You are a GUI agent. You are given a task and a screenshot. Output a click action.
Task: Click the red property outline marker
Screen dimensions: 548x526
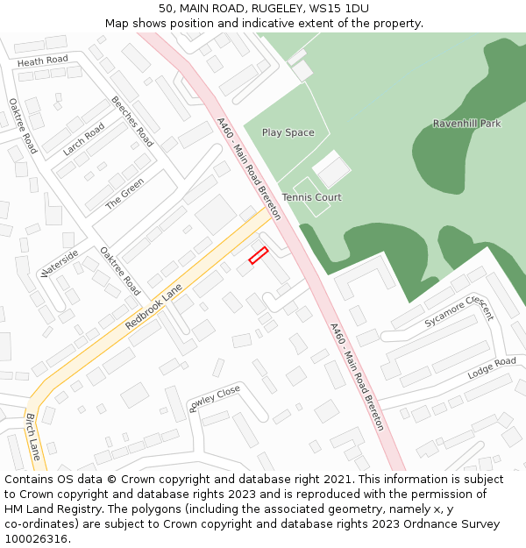[258, 255]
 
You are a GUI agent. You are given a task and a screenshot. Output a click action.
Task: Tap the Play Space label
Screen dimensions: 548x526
[288, 132]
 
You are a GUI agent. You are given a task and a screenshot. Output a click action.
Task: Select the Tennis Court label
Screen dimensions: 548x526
[311, 197]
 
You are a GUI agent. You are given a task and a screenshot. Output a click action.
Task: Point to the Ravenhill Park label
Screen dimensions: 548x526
[466, 124]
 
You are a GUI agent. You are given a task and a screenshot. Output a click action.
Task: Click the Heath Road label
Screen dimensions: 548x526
[42, 60]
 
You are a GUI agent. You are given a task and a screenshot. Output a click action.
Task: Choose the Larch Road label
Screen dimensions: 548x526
[83, 139]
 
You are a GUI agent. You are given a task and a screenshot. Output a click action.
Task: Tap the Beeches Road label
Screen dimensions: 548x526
[132, 121]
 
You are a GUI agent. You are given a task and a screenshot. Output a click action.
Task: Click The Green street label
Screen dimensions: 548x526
[124, 194]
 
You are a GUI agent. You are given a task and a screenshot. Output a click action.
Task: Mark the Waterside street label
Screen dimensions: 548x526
[60, 263]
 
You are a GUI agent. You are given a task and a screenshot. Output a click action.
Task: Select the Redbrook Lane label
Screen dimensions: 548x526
[153, 306]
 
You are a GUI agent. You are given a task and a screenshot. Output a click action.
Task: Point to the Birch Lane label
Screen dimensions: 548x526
[32, 437]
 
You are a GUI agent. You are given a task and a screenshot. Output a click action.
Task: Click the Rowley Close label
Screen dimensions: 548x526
[214, 398]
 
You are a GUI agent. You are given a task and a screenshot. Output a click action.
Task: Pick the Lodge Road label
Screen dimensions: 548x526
[492, 368]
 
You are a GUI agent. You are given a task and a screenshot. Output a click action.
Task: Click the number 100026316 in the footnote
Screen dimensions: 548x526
[37, 538]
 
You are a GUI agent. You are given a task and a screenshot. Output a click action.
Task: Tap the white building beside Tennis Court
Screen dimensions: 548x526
[331, 169]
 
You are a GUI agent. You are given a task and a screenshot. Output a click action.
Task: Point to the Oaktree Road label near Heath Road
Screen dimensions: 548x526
[24, 125]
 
